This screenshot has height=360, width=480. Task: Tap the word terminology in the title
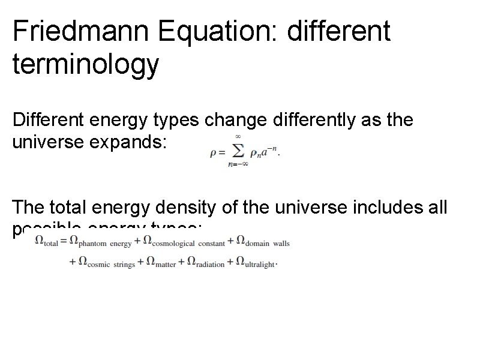point(86,65)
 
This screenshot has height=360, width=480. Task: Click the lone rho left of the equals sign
point(214,153)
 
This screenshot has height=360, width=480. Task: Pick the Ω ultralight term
point(256,262)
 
